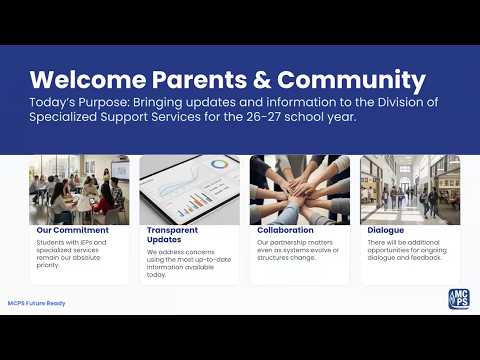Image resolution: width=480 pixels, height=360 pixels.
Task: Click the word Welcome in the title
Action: [x=88, y=79]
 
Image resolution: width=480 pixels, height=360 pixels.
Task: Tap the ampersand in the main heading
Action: [x=262, y=80]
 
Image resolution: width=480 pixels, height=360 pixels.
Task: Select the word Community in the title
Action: [x=351, y=81]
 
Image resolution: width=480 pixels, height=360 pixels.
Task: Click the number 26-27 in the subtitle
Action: [x=263, y=117]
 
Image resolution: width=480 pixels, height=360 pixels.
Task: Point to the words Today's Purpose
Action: [x=79, y=103]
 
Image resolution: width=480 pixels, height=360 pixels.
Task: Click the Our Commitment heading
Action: [x=73, y=230]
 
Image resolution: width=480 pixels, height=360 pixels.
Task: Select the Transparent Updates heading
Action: [x=172, y=235]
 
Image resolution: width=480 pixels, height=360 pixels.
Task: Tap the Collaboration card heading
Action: [x=285, y=230]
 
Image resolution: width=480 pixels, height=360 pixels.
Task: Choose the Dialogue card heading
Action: [x=386, y=230]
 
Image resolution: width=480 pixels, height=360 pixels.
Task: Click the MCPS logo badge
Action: [x=459, y=299]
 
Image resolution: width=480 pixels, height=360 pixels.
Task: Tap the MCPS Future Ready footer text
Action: [x=37, y=303]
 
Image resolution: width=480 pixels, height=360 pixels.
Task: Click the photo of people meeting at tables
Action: [x=79, y=190]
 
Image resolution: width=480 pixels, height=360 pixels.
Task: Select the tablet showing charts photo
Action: [x=190, y=190]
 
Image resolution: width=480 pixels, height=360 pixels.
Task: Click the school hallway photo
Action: [x=410, y=190]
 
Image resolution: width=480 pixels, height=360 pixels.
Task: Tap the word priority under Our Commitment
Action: [x=48, y=265]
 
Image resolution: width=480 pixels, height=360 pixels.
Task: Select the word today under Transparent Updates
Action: [x=156, y=275]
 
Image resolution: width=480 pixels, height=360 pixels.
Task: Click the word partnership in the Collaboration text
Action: [x=285, y=243]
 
